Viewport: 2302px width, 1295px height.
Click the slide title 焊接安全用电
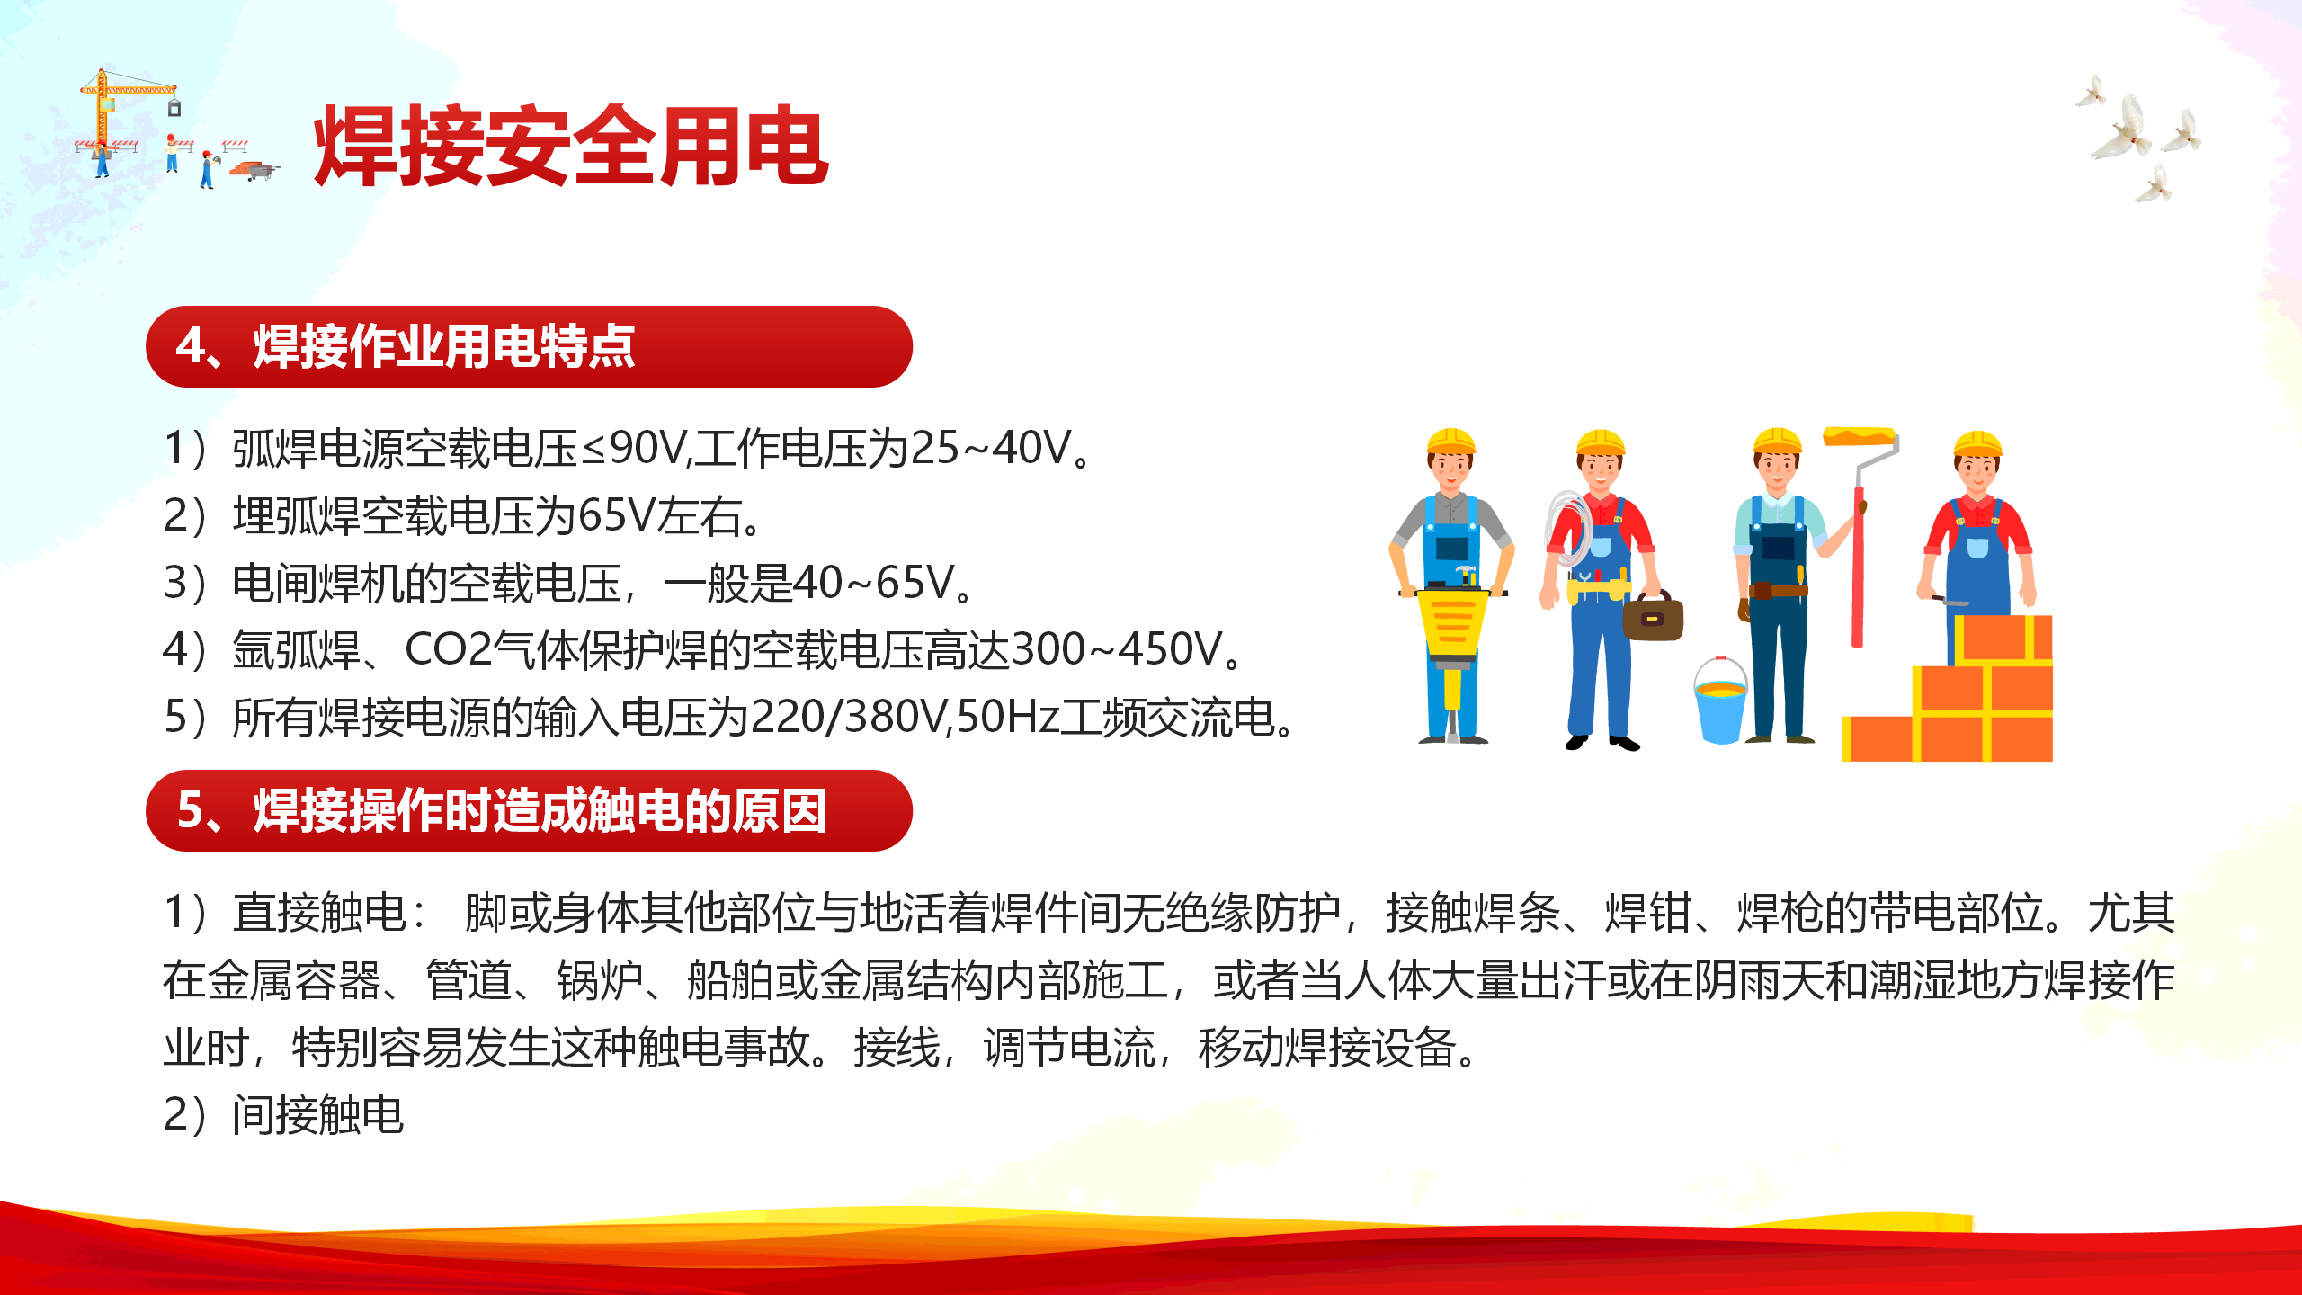[x=571, y=145]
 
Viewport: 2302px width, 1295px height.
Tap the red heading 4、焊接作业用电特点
[x=406, y=346]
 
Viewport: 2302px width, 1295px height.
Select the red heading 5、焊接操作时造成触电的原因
[x=501, y=810]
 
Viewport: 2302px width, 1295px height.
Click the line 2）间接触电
[x=284, y=1115]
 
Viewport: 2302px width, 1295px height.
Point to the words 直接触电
[x=319, y=913]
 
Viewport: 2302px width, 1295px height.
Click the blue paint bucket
[x=1720, y=701]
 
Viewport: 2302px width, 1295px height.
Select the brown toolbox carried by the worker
[x=1653, y=617]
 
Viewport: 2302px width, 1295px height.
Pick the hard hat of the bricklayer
[x=1977, y=443]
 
